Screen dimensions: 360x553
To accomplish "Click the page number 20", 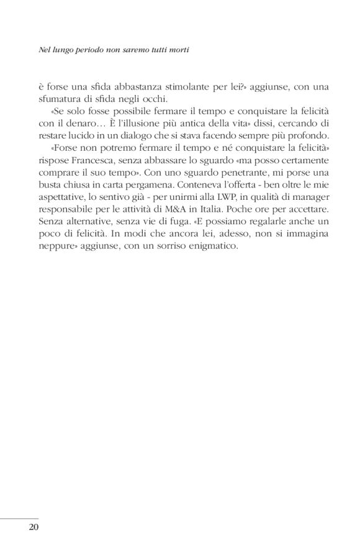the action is click(34, 528).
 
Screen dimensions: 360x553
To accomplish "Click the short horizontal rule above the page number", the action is click(19, 517).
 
